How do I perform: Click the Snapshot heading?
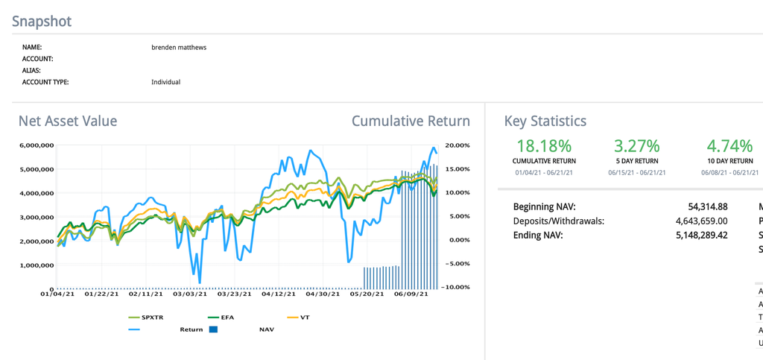tap(42, 21)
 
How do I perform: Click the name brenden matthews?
tap(179, 47)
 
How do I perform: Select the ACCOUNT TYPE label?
tap(45, 82)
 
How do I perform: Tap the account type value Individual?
tap(165, 82)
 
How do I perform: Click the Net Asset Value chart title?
tap(68, 121)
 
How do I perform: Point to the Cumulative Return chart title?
tap(411, 121)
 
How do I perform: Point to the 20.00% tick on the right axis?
tap(457, 145)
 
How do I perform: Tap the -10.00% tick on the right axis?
tap(457, 287)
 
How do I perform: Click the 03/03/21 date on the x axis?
tap(190, 294)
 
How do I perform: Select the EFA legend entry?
tap(227, 318)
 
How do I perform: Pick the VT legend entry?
tap(305, 318)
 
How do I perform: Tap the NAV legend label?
tap(266, 329)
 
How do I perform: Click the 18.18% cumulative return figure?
tap(544, 145)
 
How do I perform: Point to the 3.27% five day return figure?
tap(636, 145)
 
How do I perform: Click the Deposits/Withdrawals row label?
tap(559, 221)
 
